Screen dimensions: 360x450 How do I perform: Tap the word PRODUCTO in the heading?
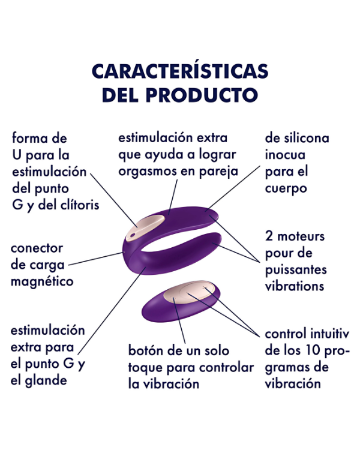(x=202, y=95)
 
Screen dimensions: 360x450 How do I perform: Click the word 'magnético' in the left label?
(x=42, y=281)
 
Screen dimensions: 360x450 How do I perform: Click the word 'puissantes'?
(x=296, y=271)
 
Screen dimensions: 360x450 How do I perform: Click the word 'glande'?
(x=46, y=381)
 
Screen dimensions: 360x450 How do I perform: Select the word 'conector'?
(x=37, y=248)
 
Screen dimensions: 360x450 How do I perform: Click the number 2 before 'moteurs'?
(x=269, y=236)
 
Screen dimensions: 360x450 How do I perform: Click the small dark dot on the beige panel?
(x=133, y=236)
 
